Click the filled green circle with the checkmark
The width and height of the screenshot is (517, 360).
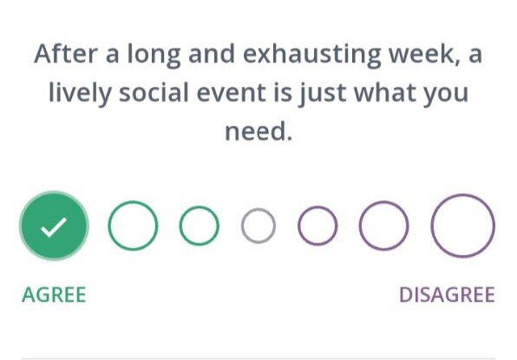tap(54, 226)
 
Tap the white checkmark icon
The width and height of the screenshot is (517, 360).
tap(54, 227)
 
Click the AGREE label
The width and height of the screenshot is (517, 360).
tap(54, 294)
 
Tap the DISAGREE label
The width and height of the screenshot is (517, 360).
tap(447, 294)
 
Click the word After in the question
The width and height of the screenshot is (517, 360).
tap(66, 54)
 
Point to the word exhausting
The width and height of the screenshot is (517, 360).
tap(312, 55)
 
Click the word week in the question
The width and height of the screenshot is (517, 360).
tap(424, 54)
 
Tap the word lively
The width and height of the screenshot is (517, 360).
tap(80, 93)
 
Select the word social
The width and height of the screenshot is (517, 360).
tap(154, 92)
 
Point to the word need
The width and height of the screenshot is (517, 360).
tap(258, 130)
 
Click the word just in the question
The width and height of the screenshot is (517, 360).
tap(322, 94)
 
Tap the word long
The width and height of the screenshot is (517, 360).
tap(154, 55)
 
